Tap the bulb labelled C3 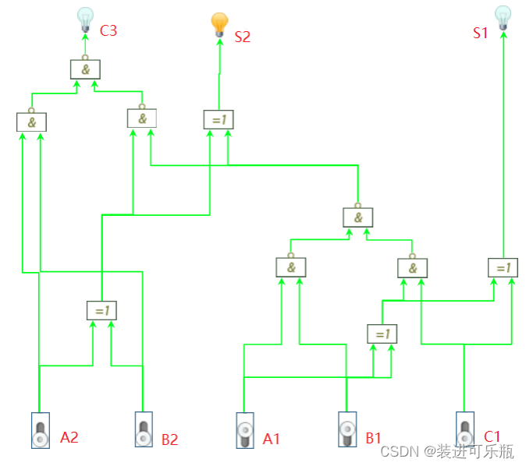[85, 17]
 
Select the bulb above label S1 [503, 16]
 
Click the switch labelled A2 [41, 430]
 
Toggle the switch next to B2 [143, 429]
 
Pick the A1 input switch [245, 430]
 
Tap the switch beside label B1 [347, 429]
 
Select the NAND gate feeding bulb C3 [85, 69]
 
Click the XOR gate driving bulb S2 [218, 119]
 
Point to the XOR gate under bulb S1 [503, 267]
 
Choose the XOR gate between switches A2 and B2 [101, 310]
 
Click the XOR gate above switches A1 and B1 [382, 334]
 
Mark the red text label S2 [242, 36]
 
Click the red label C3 [108, 32]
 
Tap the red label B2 [169, 440]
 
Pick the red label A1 [271, 439]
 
